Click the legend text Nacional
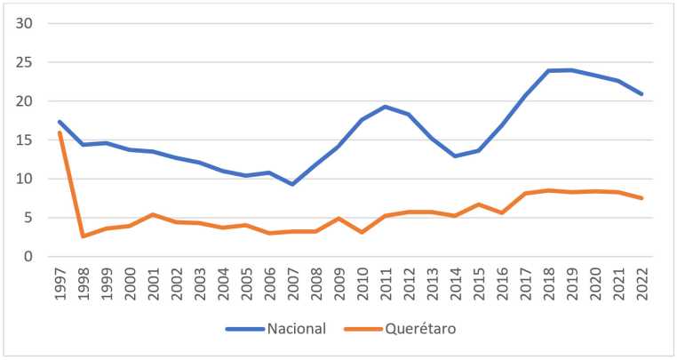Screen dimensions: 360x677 tap(296, 328)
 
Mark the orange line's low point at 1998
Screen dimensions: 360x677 tap(83, 236)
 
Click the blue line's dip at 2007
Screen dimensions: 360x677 tap(292, 184)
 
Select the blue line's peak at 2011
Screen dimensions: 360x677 tap(386, 107)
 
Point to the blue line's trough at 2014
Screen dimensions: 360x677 tap(455, 156)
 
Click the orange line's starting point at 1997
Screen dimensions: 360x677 tap(60, 132)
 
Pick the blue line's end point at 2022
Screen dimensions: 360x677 tap(641, 94)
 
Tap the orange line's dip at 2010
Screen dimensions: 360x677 tap(362, 232)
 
